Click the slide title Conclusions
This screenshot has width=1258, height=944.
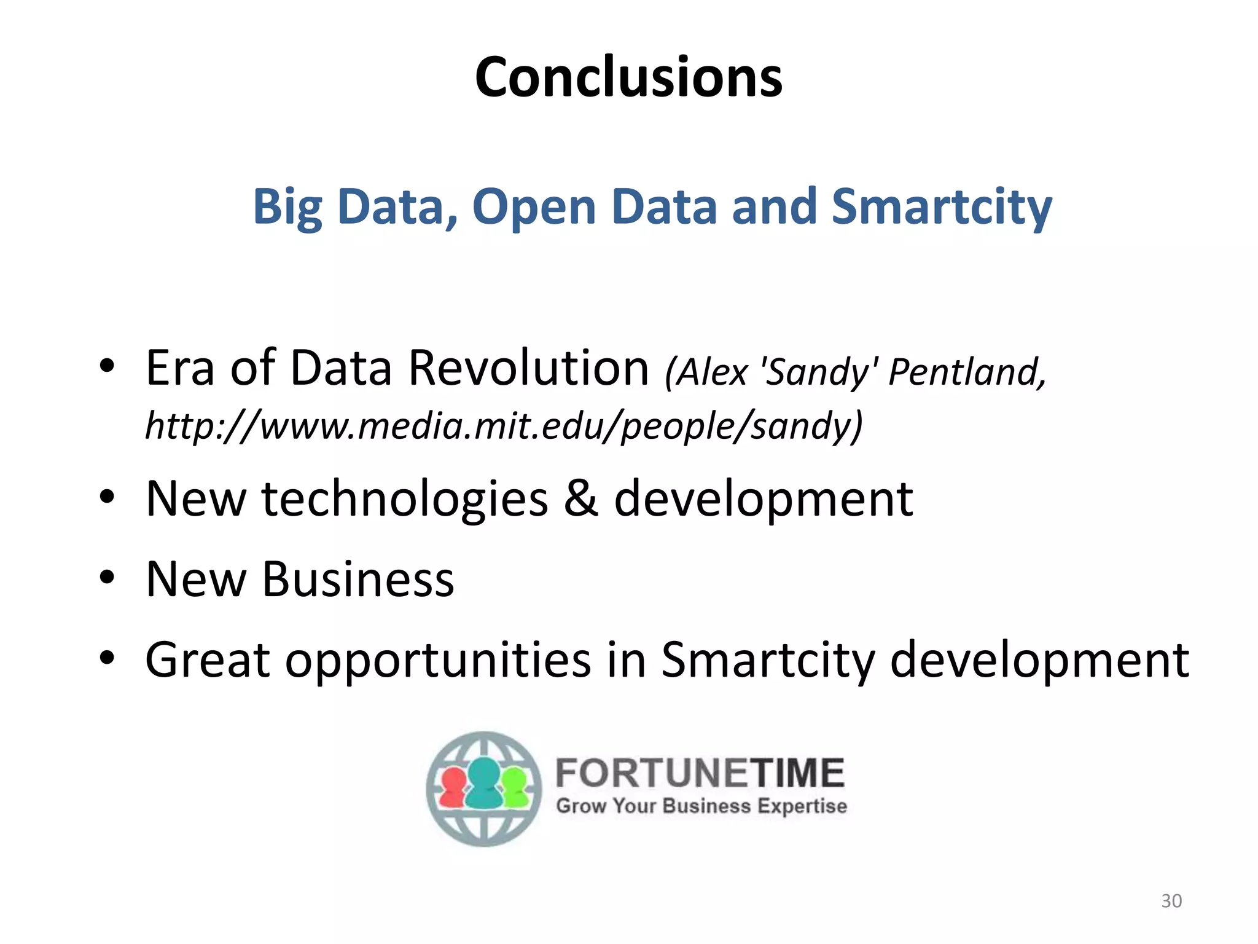pyautogui.click(x=628, y=77)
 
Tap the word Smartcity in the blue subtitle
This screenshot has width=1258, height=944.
pyautogui.click(x=941, y=207)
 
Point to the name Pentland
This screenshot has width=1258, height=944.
pyautogui.click(x=967, y=372)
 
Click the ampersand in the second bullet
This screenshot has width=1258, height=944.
pyautogui.click(x=580, y=498)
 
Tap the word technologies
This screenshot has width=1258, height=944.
pyautogui.click(x=404, y=500)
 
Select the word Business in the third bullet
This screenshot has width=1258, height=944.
pyautogui.click(x=358, y=580)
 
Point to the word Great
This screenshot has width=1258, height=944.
pyautogui.click(x=207, y=660)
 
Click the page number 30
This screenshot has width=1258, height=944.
pyautogui.click(x=1171, y=901)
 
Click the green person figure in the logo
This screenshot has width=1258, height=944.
pyautogui.click(x=515, y=789)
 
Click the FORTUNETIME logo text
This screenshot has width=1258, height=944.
pyautogui.click(x=700, y=773)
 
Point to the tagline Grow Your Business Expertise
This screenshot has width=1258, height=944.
pyautogui.click(x=701, y=806)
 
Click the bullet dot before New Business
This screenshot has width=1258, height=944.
pyautogui.click(x=107, y=577)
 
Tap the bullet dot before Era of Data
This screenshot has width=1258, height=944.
pyautogui.click(x=107, y=366)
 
